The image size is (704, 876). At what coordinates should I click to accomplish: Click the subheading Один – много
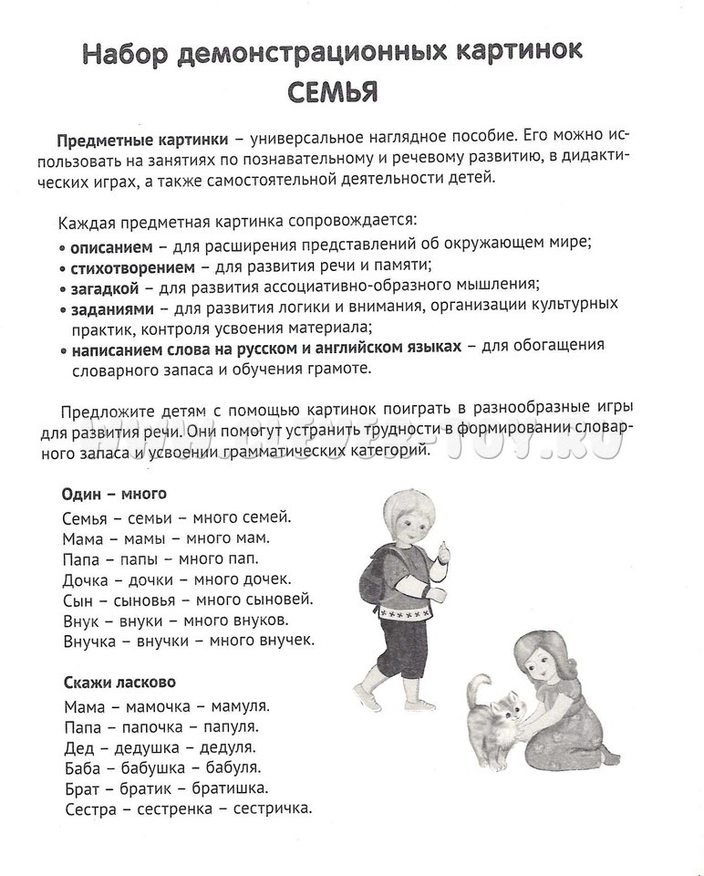coord(114,494)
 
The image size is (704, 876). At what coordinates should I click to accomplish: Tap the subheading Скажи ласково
coord(119,682)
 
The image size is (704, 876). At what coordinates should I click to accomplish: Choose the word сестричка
coord(273,808)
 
